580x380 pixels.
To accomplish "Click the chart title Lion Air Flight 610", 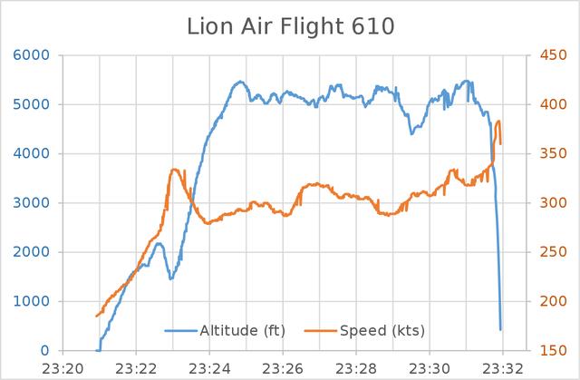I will [290, 26].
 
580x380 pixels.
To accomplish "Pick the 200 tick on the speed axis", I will [546, 301].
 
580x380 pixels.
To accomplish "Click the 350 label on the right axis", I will [546, 153].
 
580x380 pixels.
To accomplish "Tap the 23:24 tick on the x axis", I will [209, 368].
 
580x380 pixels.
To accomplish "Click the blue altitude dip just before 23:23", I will [171, 278].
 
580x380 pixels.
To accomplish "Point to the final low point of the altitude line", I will [500, 329].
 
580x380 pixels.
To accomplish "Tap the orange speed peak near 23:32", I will [498, 122].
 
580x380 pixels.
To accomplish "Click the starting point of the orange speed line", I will [96, 316].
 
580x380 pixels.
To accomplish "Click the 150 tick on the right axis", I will [546, 350].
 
